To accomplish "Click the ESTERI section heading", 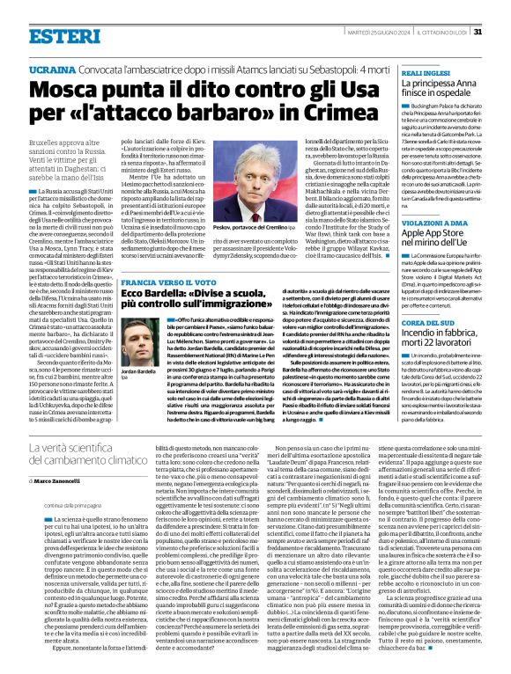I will (64, 36).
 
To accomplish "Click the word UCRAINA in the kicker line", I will (53, 68).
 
